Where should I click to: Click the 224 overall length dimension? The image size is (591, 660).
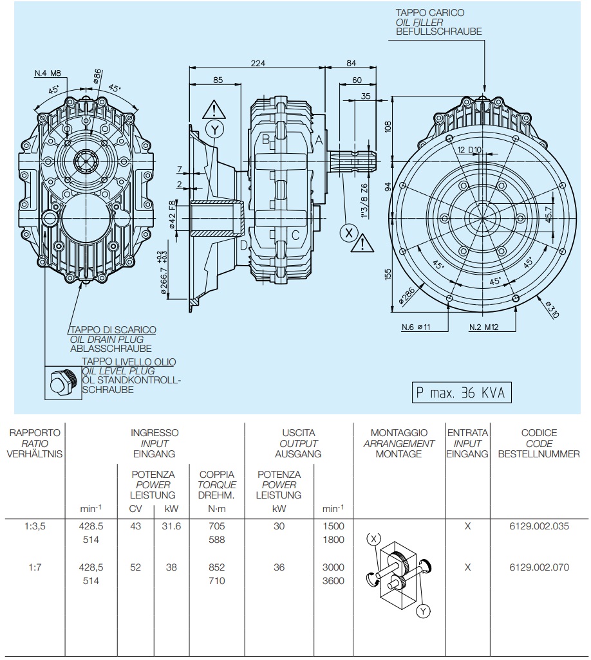(258, 63)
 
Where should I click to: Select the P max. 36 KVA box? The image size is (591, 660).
(460, 392)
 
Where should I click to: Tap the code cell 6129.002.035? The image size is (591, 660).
(539, 526)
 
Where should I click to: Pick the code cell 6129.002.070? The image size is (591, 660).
(539, 567)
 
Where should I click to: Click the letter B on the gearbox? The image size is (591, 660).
(265, 139)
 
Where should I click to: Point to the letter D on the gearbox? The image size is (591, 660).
(243, 245)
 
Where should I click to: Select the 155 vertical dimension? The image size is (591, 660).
(388, 275)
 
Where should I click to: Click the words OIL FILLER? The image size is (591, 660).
(420, 22)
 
